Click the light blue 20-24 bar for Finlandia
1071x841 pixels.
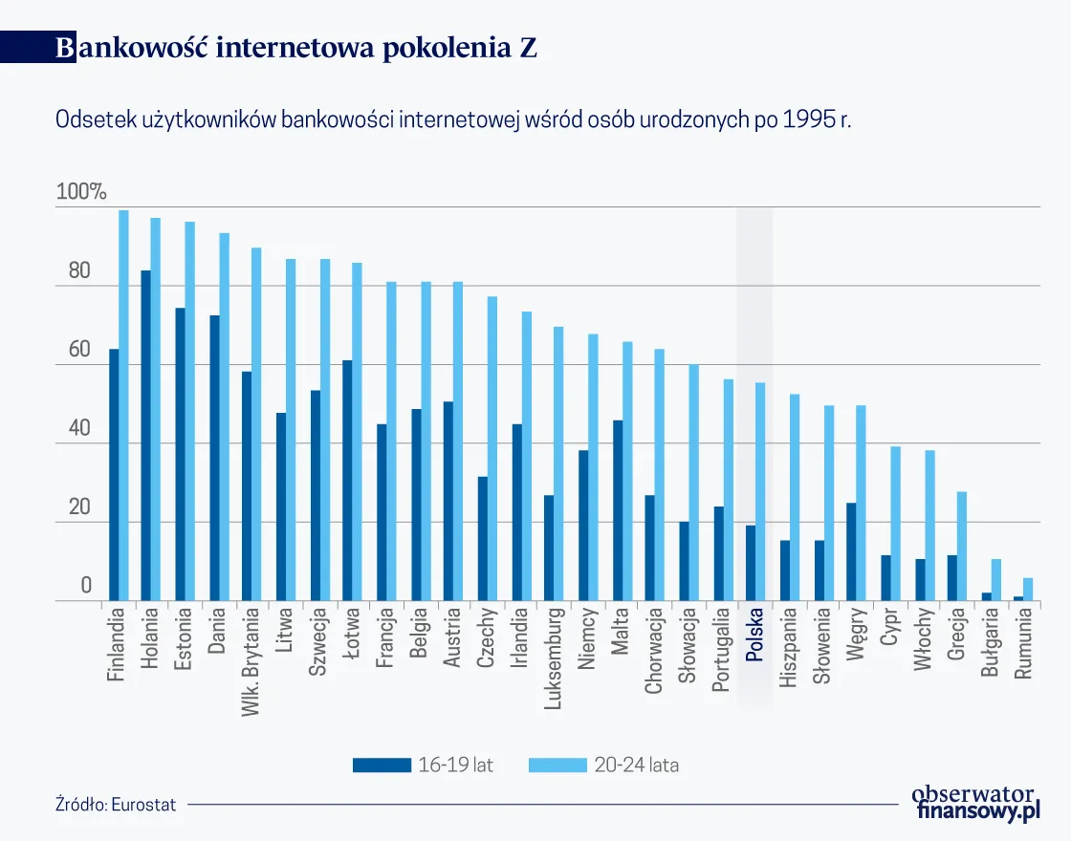tap(123, 406)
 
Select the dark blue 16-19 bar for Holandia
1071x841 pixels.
tap(145, 436)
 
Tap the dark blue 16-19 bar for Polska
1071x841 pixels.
tap(751, 563)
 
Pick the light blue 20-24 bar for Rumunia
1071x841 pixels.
tap(1028, 590)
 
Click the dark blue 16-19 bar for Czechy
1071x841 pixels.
tap(483, 539)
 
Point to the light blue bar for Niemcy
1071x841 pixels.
tap(593, 467)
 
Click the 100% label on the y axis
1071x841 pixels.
tap(81, 191)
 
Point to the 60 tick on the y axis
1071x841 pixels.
tap(79, 350)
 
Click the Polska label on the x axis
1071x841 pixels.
tap(754, 636)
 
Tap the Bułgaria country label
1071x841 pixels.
tap(990, 645)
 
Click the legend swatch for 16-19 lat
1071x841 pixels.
tap(380, 765)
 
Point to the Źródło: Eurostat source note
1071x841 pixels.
tap(116, 805)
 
